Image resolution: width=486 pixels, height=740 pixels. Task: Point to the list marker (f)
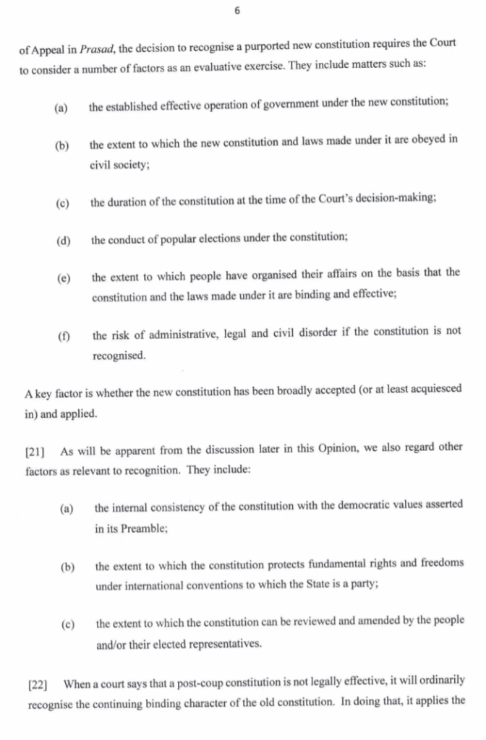[63, 336]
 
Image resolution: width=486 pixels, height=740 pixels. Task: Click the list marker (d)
[63, 240]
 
